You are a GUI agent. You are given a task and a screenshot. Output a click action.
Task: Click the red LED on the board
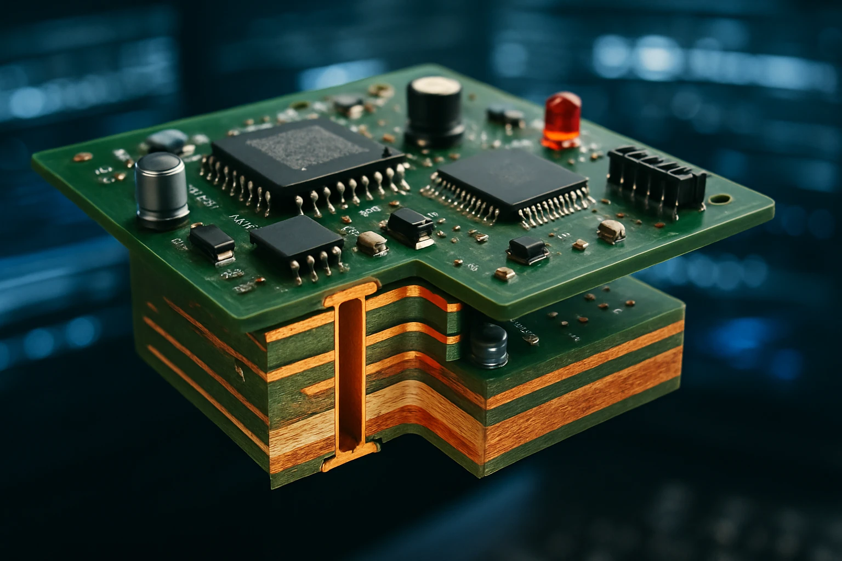click(562, 119)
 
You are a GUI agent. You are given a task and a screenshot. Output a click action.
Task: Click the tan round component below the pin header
click(611, 230)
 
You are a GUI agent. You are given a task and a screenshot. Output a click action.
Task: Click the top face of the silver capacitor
click(159, 164)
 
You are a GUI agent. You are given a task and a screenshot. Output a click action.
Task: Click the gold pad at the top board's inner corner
click(503, 272)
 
